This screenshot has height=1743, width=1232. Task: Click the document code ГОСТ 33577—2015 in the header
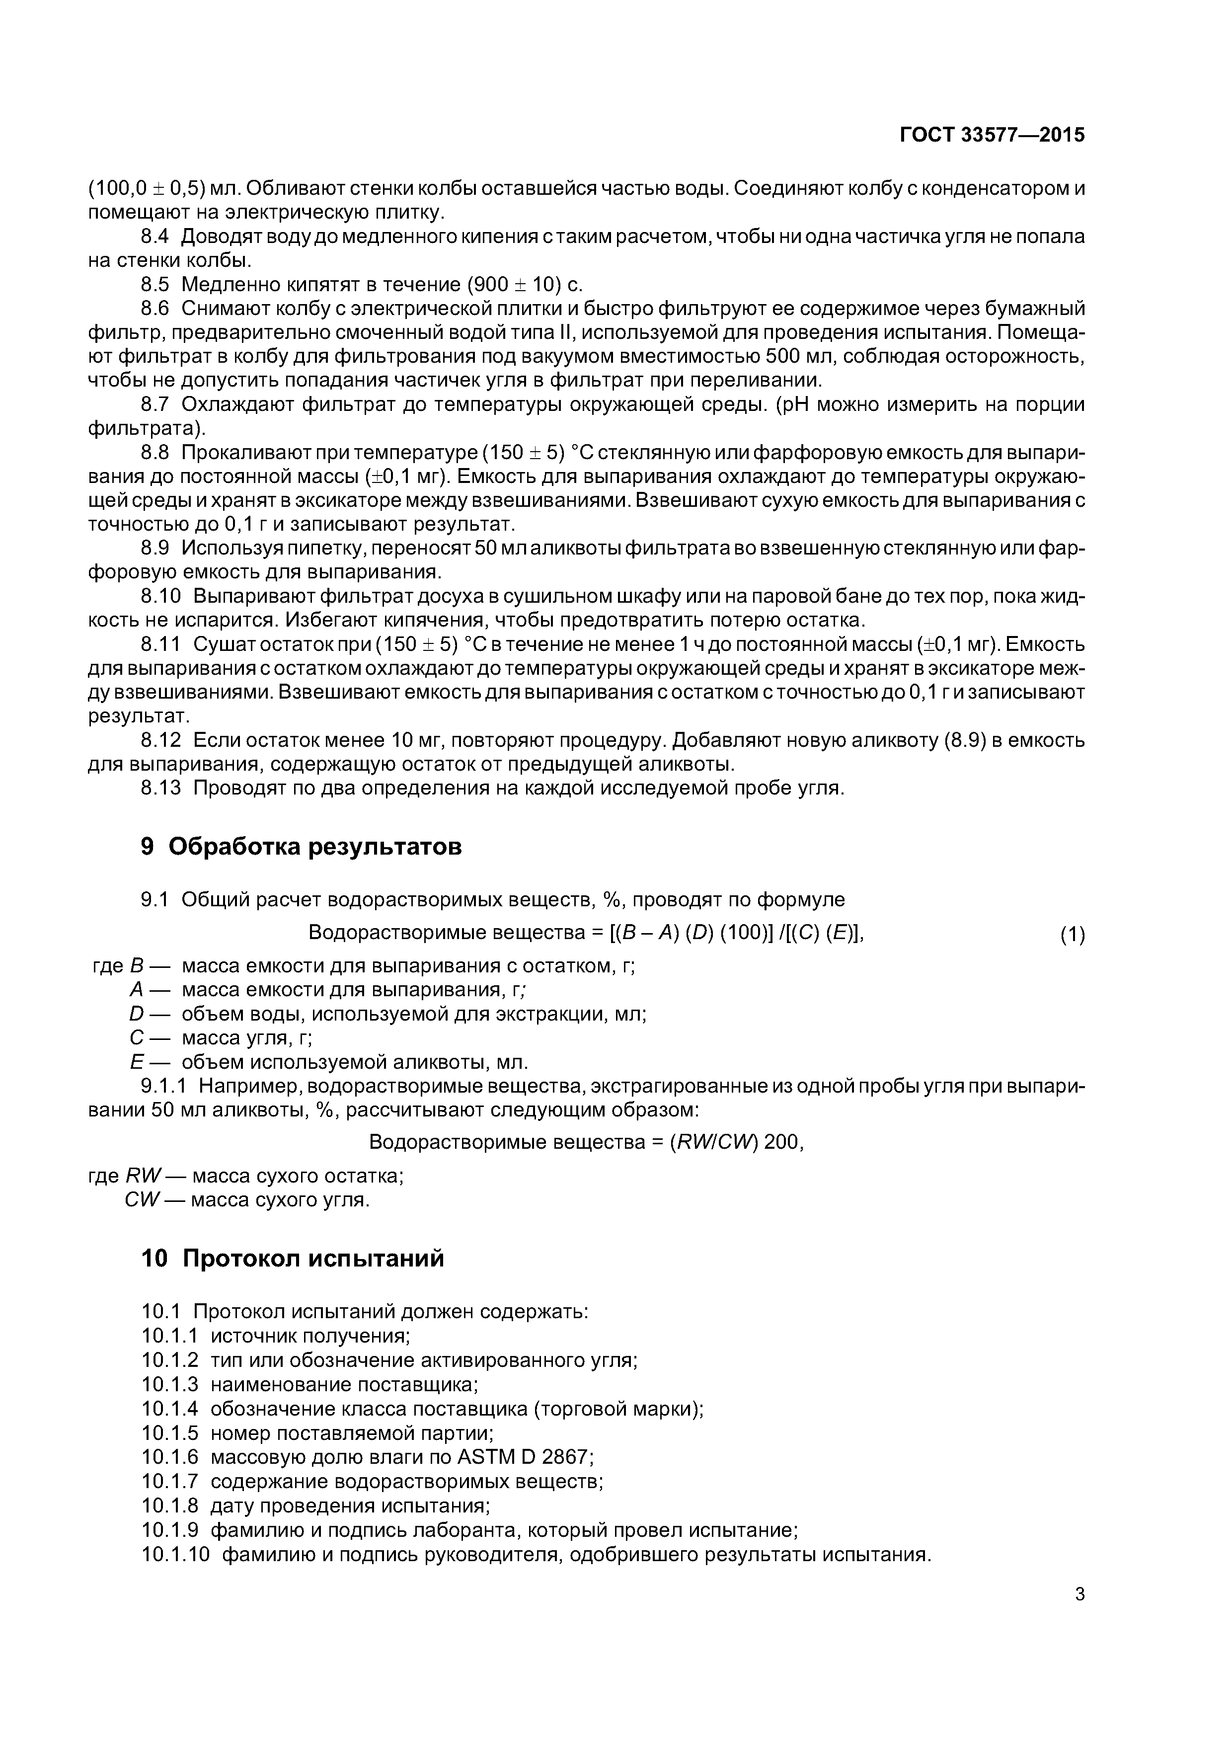(x=992, y=135)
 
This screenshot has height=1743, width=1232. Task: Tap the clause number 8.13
(x=161, y=788)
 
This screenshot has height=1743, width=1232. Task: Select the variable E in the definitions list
(x=137, y=1062)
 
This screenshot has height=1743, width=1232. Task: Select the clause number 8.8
(x=155, y=453)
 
